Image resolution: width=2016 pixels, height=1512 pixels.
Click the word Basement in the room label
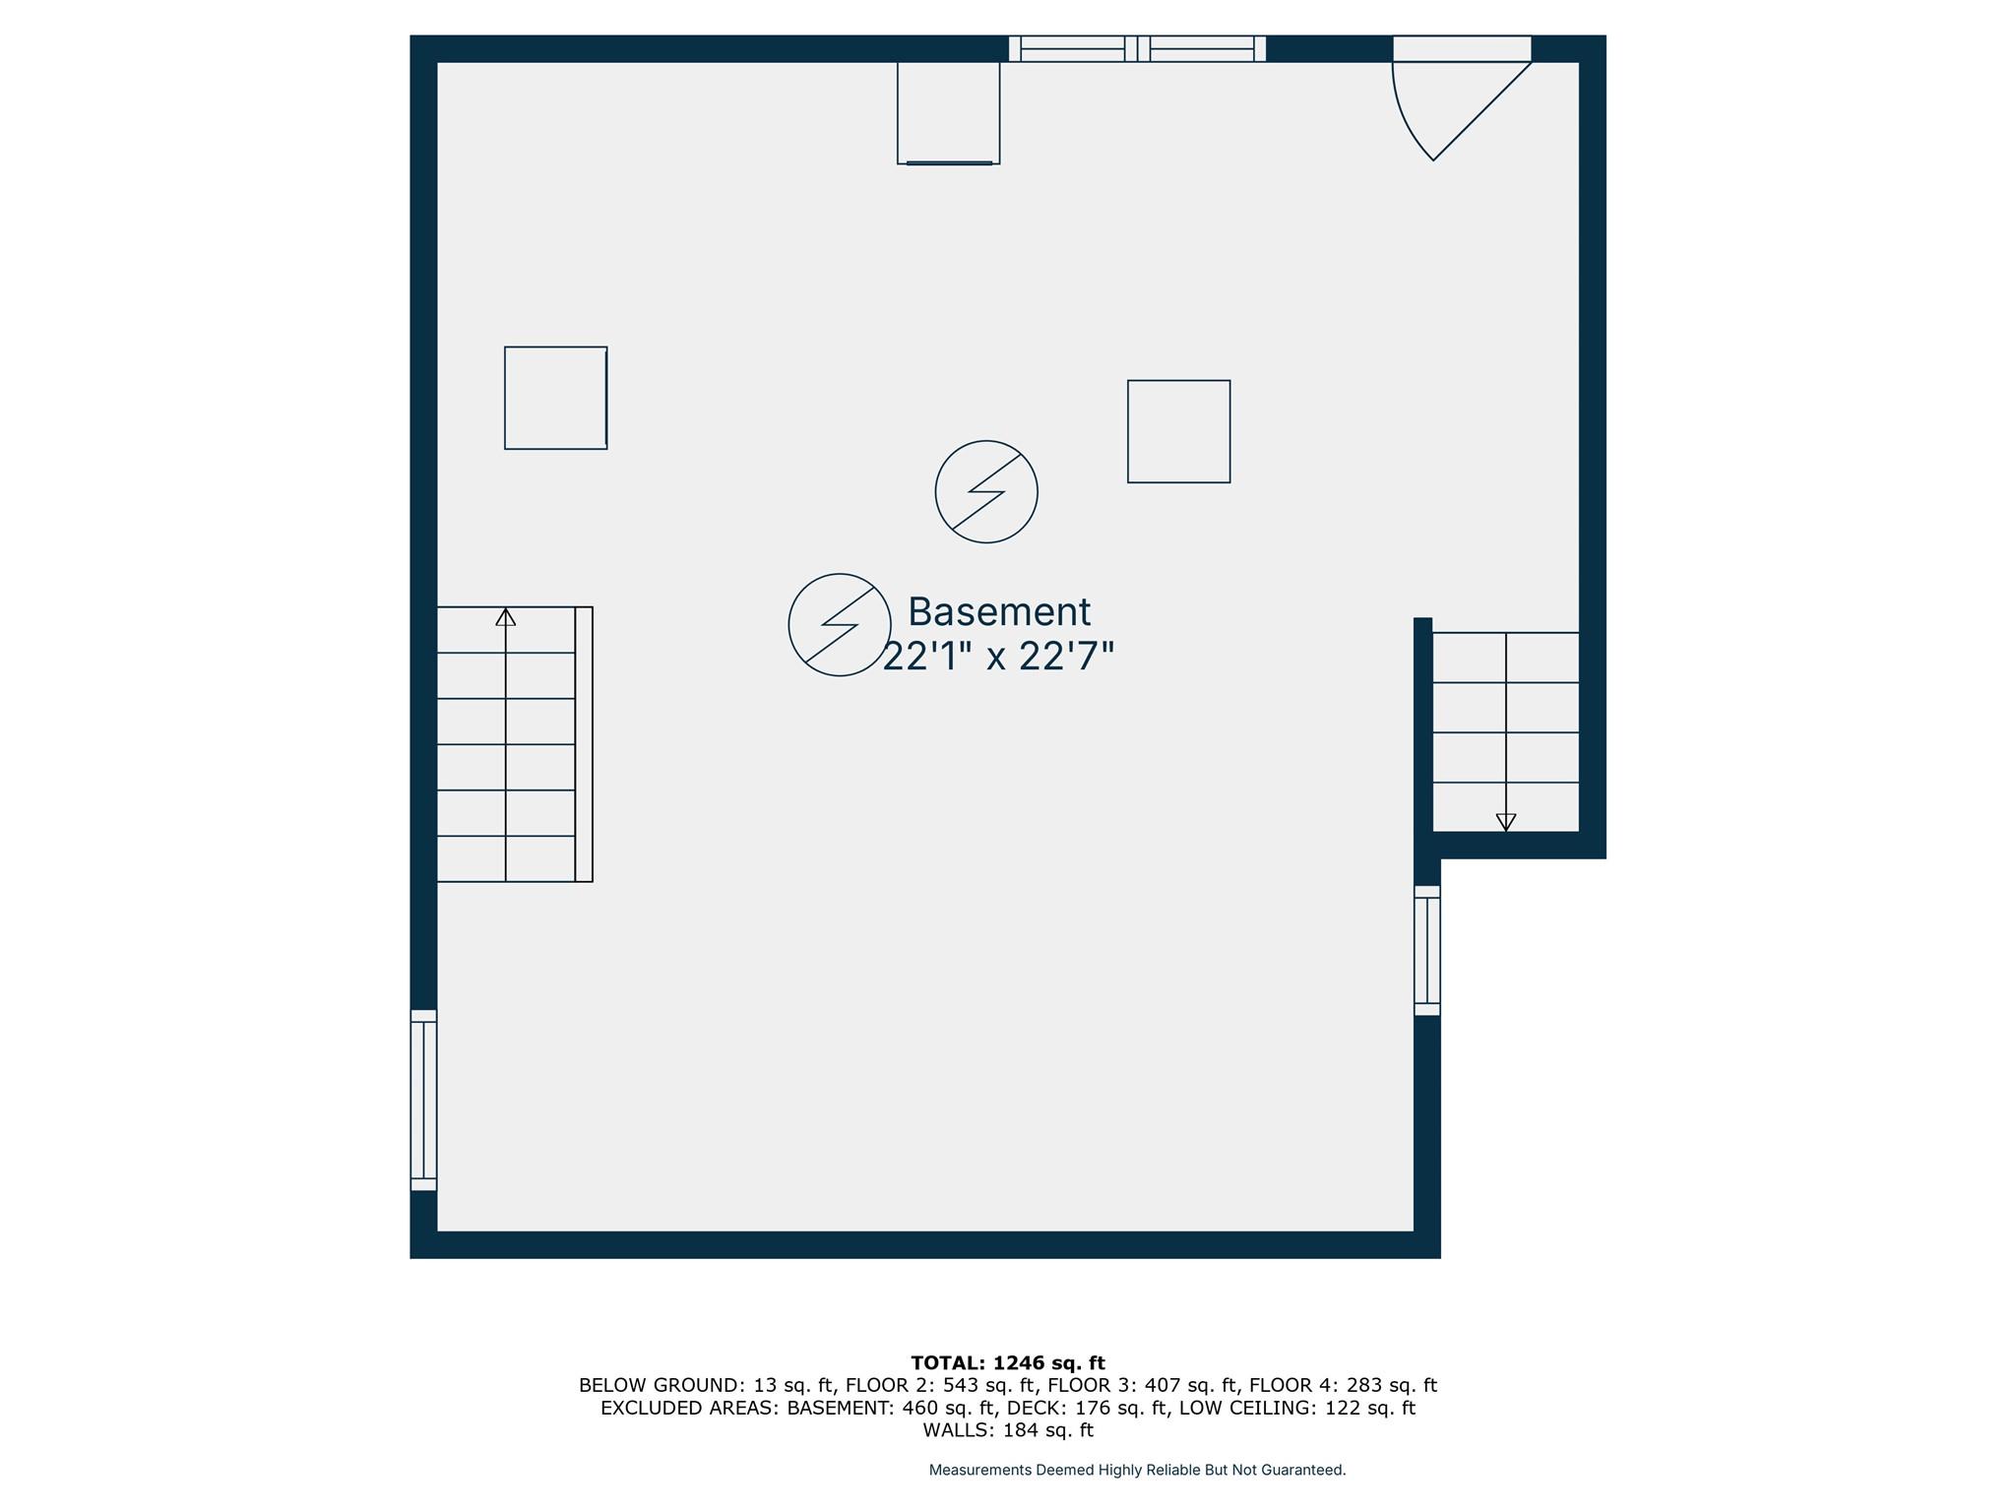(999, 612)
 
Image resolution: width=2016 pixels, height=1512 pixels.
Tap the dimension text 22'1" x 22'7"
(998, 657)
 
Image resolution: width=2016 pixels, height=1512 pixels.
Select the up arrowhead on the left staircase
(506, 617)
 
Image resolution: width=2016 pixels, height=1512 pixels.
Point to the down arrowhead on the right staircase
(1506, 822)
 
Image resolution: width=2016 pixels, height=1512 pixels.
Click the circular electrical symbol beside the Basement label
(840, 625)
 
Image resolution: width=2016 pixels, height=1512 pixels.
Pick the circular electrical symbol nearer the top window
(986, 491)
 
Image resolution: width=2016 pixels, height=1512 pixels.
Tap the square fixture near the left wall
(556, 398)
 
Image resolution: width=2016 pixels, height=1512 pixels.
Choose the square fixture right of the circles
(1179, 432)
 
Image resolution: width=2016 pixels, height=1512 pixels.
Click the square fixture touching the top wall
(949, 112)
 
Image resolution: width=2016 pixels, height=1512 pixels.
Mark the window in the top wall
(1137, 48)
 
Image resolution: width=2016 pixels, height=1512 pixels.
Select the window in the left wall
(423, 1101)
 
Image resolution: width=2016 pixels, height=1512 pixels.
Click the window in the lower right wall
(1427, 951)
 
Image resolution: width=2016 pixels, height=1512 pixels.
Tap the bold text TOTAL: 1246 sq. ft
(1008, 1363)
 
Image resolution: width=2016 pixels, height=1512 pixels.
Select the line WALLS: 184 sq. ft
(1008, 1430)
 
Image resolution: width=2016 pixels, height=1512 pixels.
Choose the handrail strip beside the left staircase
(584, 744)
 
